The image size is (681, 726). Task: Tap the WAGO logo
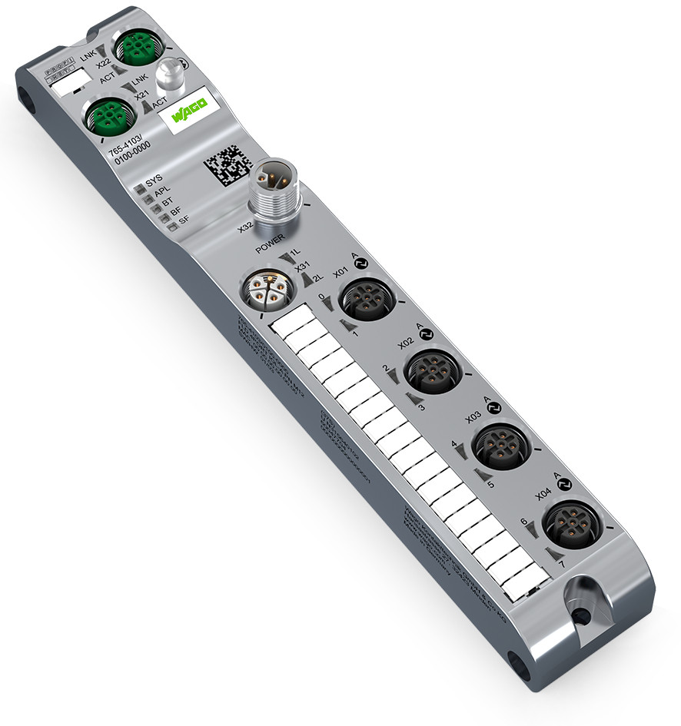(188, 117)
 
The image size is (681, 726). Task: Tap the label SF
(184, 220)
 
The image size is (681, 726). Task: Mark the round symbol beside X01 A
(363, 262)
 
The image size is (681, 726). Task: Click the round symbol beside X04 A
(566, 484)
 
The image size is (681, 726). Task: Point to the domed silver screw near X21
(168, 77)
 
